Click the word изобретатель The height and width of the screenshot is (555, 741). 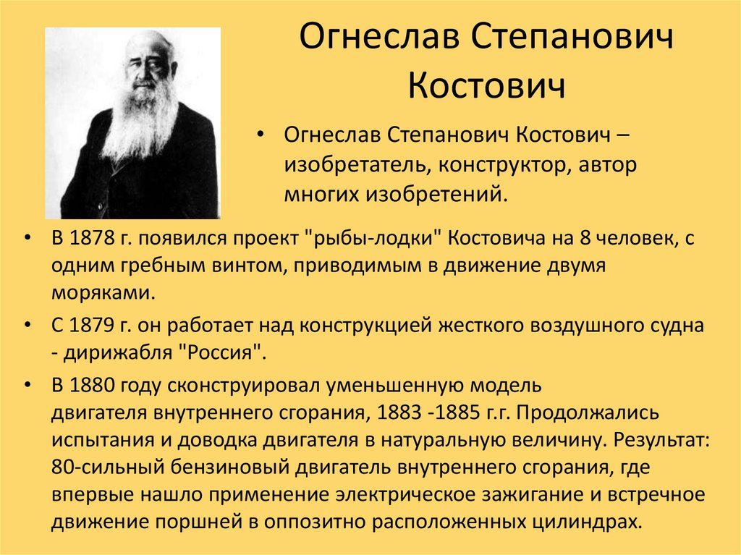coord(352,166)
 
